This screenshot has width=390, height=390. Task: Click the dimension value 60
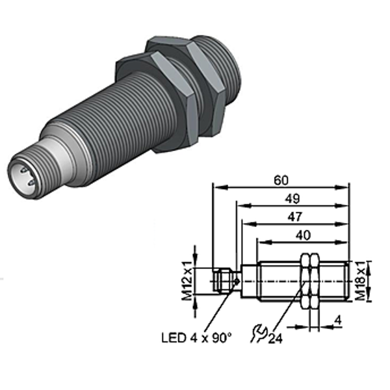click(281, 180)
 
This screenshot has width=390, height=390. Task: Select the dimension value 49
click(292, 199)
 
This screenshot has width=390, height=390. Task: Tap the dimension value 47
click(294, 217)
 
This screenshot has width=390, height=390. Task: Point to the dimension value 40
click(303, 235)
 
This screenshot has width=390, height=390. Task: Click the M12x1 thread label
click(187, 281)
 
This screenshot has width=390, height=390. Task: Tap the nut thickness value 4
click(338, 320)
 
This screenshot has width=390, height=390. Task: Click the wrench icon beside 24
click(259, 333)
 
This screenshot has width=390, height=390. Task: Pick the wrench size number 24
click(276, 338)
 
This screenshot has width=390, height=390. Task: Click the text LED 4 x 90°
click(196, 338)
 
